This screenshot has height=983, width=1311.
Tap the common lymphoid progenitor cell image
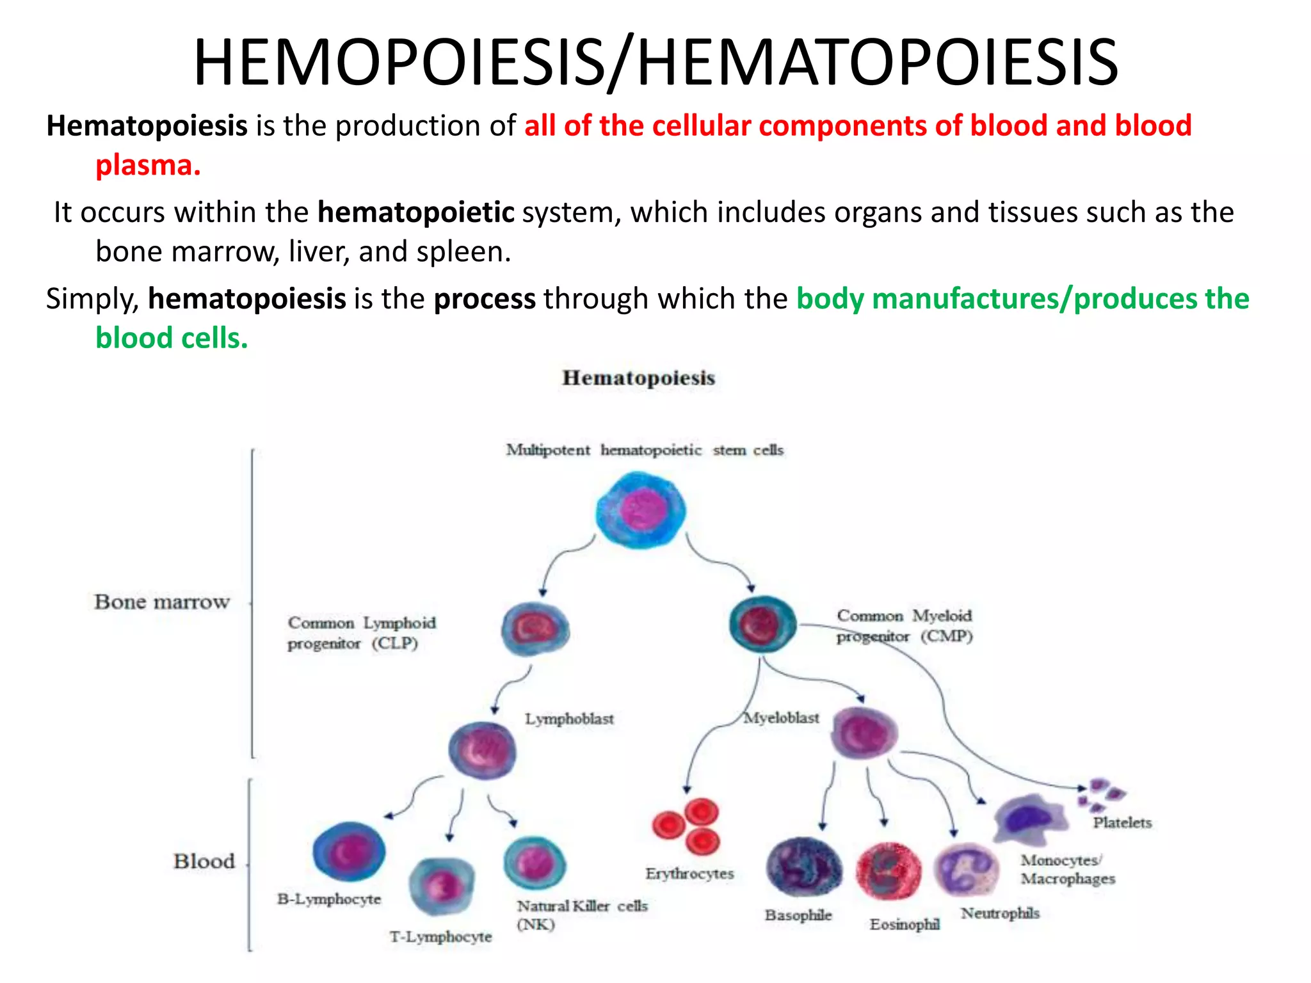pyautogui.click(x=535, y=629)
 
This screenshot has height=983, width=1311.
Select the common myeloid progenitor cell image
pyautogui.click(x=762, y=623)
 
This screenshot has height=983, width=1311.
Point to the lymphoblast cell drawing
pyautogui.click(x=482, y=749)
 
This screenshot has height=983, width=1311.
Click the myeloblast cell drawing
pyautogui.click(x=864, y=733)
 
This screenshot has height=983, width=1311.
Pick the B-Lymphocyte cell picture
pyautogui.click(x=349, y=852)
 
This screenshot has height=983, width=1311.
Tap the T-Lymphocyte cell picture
pyautogui.click(x=442, y=886)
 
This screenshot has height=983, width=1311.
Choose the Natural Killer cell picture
pyautogui.click(x=535, y=863)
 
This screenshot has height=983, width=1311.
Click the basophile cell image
pyautogui.click(x=804, y=867)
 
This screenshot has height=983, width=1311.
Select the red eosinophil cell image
pyautogui.click(x=889, y=870)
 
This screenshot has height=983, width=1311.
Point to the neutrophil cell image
pyautogui.click(x=966, y=870)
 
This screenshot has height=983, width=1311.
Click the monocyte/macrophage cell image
pyautogui.click(x=1031, y=819)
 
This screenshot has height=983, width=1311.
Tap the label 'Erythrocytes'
pyautogui.click(x=689, y=874)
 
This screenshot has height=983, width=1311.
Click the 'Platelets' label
pyautogui.click(x=1122, y=822)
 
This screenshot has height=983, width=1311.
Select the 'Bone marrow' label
pyautogui.click(x=161, y=602)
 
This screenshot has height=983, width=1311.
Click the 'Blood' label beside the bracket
pyautogui.click(x=204, y=861)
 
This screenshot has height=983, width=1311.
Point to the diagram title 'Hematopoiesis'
pyautogui.click(x=638, y=378)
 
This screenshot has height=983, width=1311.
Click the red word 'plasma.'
pyautogui.click(x=148, y=165)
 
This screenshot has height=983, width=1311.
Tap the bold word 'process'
pyautogui.click(x=485, y=299)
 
